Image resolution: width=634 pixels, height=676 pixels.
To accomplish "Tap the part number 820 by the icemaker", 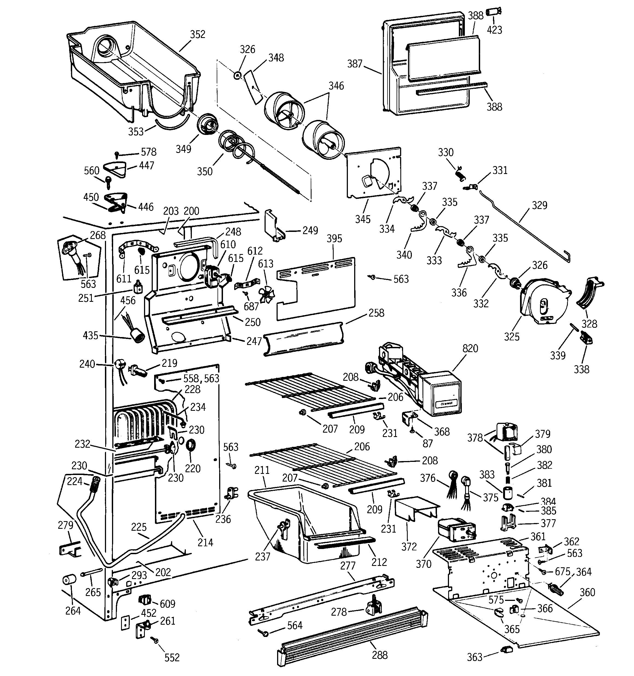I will pos(470,348).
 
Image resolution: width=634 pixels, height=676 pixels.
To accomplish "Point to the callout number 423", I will pos(494,30).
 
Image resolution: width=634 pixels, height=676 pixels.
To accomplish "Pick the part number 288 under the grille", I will pos(380,655).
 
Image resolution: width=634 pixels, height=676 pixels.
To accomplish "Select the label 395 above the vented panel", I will pos(334,238).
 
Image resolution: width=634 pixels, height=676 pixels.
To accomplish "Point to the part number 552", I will pos(172,658).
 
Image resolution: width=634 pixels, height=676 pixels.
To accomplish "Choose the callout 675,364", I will pos(573,572).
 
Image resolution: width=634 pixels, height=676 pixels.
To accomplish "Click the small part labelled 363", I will pos(506,650).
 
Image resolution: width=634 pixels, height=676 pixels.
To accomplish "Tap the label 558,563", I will pos(201,379).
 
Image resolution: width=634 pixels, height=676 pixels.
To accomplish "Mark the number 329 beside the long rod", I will pos(539,205).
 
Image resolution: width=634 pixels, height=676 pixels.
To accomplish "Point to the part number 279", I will pos(65,525).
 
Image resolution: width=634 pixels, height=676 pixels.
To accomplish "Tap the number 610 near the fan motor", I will pos(228,244).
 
